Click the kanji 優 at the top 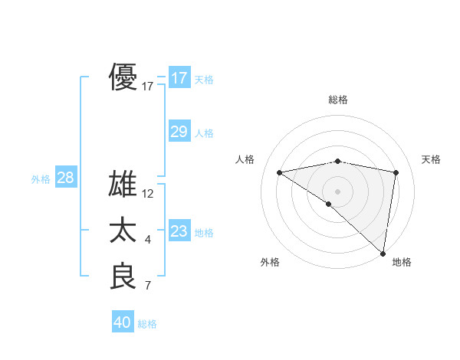pyautogui.click(x=123, y=78)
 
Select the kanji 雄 pyautogui.click(x=123, y=185)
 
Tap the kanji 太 pyautogui.click(x=123, y=231)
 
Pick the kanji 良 pyautogui.click(x=123, y=277)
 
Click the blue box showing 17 pyautogui.click(x=179, y=78)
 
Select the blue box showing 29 pyautogui.click(x=179, y=132)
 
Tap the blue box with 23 pyautogui.click(x=179, y=231)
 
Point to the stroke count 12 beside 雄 pyautogui.click(x=148, y=195)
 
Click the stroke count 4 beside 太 pyautogui.click(x=148, y=241)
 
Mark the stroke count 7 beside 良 pyautogui.click(x=148, y=286)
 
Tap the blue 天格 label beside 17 pyautogui.click(x=204, y=79)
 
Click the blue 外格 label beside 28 pyautogui.click(x=41, y=179)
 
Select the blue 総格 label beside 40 pyautogui.click(x=147, y=324)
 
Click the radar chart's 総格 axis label pyautogui.click(x=337, y=100)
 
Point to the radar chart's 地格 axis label pyautogui.click(x=402, y=263)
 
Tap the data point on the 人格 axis pyautogui.click(x=279, y=172)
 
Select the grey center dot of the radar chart pyautogui.click(x=337, y=191)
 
